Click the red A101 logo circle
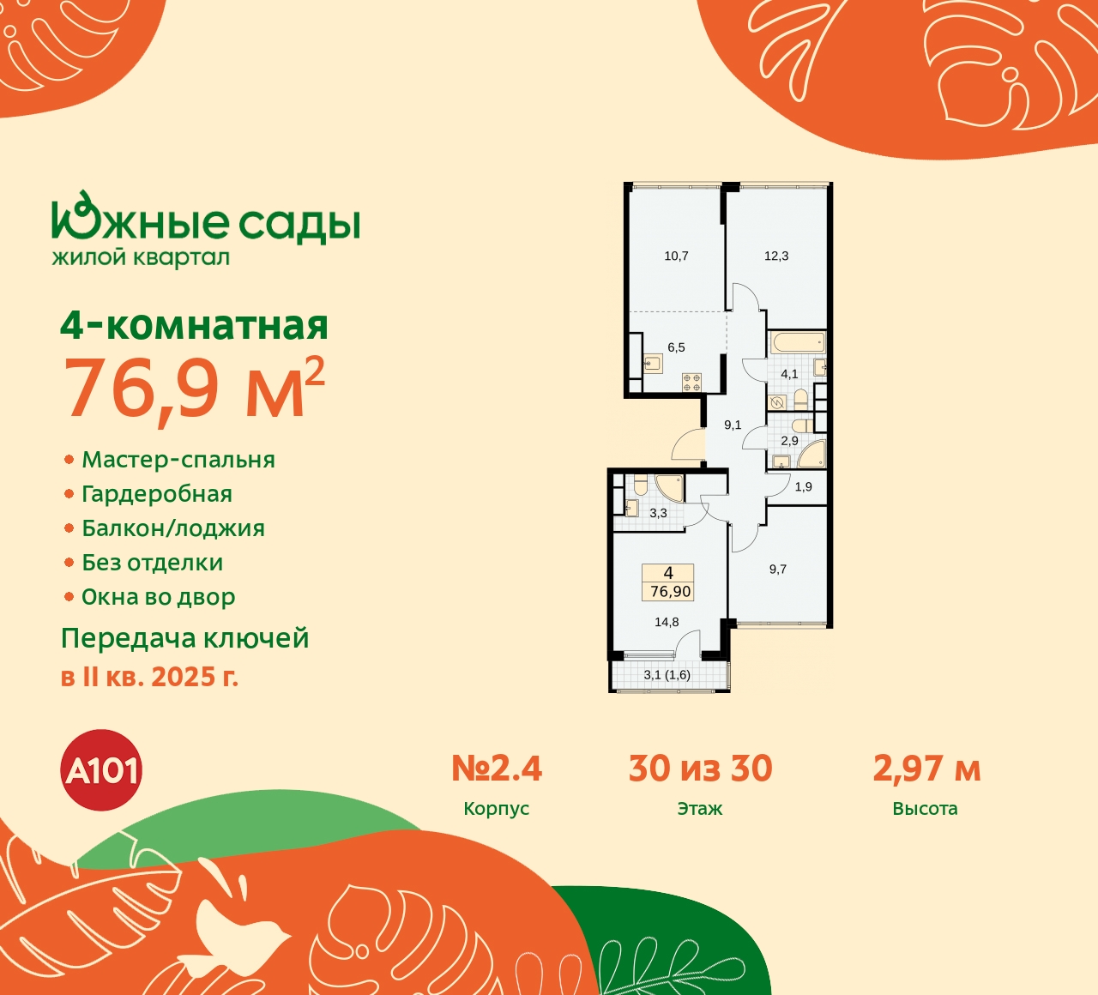coord(101,770)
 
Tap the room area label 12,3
coord(776,256)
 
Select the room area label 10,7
coord(676,256)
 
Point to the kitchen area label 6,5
coord(676,347)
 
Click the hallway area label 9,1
coord(733,425)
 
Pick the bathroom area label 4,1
coord(789,374)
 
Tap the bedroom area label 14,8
coord(667,622)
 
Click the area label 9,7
coord(778,569)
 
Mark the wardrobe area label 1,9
coord(803,487)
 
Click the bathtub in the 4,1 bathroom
coord(797,343)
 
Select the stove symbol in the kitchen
coord(691,383)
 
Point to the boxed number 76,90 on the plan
coord(670,591)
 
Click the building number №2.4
coord(497,769)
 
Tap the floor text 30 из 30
coord(700,769)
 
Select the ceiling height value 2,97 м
coord(926,769)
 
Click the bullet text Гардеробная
coord(157,494)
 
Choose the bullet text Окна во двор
coord(159,597)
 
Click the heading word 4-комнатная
coord(195,326)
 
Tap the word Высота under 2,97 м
coord(925,809)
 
